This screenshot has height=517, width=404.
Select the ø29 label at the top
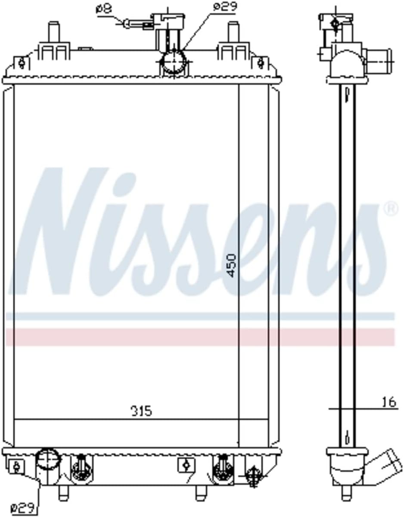point(225,7)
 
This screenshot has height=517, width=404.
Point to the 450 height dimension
point(232,265)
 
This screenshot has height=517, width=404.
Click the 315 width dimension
point(141,411)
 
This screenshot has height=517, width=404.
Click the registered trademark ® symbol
point(391,209)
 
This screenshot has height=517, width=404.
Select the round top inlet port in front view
point(174,63)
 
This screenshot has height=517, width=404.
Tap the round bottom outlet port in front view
point(47,460)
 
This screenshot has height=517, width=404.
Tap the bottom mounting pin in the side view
point(345,492)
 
